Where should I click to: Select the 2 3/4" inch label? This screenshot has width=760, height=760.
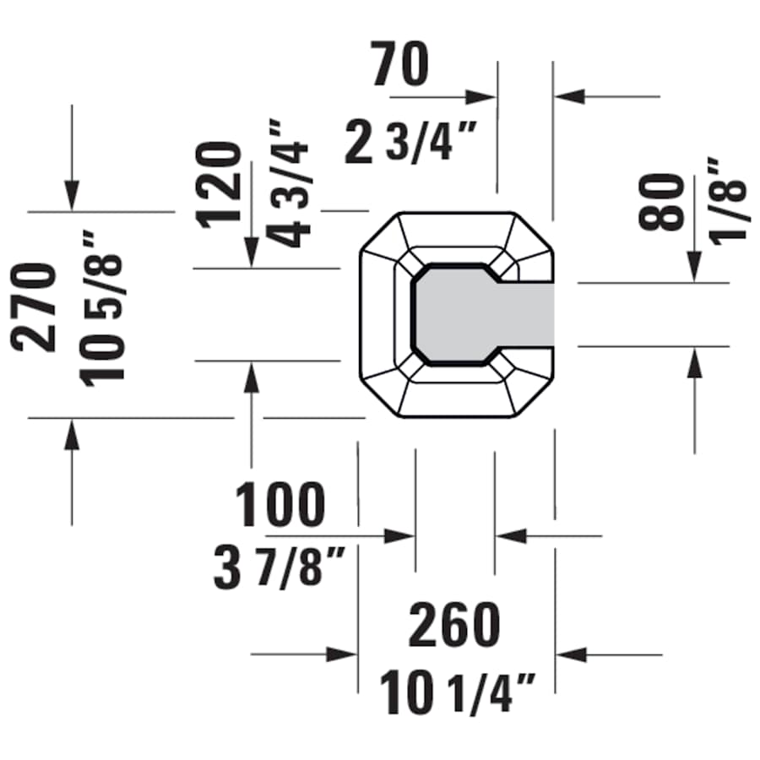pos(411,143)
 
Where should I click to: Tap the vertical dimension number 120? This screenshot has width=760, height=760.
pos(220,185)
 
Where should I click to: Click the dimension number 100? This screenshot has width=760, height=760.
pos(280,505)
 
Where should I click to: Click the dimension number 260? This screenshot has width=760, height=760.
pos(454,626)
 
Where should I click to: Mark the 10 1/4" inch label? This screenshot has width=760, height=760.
pos(458,692)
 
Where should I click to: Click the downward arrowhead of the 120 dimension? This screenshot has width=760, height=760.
pos(252,252)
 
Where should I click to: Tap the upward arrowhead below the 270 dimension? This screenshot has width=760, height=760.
pos(72,433)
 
